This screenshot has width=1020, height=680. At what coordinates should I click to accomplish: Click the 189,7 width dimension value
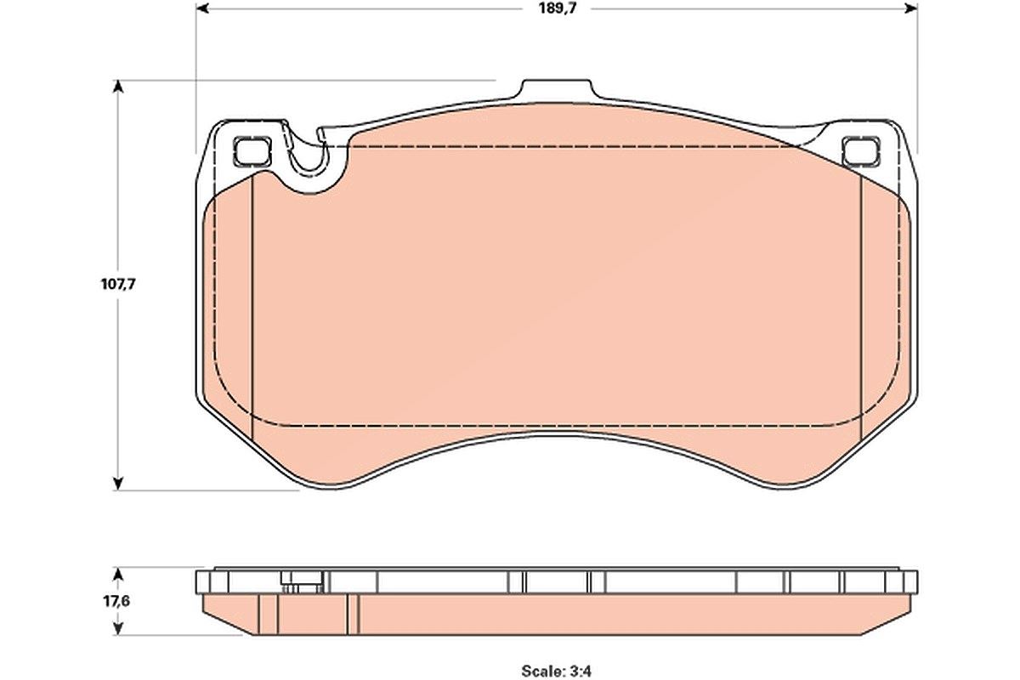558,8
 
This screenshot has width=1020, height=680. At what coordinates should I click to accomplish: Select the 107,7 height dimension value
118,284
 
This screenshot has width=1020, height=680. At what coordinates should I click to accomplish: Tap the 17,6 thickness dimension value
116,601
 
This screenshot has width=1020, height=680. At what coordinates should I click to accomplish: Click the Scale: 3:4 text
556,671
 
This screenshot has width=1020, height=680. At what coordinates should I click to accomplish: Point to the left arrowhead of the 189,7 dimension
202,8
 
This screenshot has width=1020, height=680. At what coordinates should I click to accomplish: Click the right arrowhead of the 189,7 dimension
910,8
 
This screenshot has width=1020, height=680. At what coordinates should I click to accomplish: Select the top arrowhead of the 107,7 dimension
118,87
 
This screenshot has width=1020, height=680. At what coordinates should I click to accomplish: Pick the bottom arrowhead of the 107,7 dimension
118,484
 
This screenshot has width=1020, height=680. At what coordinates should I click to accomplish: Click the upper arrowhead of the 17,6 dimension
118,574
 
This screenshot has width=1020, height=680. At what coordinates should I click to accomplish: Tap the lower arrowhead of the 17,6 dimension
118,628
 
